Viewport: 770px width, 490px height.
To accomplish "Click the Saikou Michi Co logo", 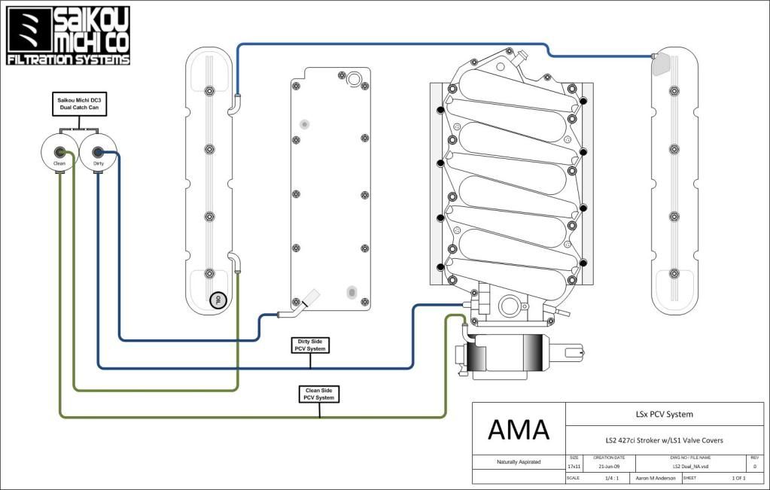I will pos(68,35).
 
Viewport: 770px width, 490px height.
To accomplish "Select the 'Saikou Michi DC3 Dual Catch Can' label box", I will pos(79,105).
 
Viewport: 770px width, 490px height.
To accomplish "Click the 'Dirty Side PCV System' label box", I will pos(311,345).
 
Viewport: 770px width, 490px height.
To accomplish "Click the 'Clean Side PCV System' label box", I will pos(319,394).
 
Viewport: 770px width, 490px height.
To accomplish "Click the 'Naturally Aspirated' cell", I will pos(518,461).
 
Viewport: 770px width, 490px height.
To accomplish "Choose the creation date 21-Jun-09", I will pos(609,467).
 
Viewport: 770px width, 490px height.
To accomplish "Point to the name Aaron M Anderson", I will pos(650,478).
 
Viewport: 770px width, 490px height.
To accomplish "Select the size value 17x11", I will pos(574,467).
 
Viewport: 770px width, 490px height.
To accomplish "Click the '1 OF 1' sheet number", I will pos(738,478).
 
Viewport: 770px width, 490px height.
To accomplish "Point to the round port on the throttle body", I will pos(509,306).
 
